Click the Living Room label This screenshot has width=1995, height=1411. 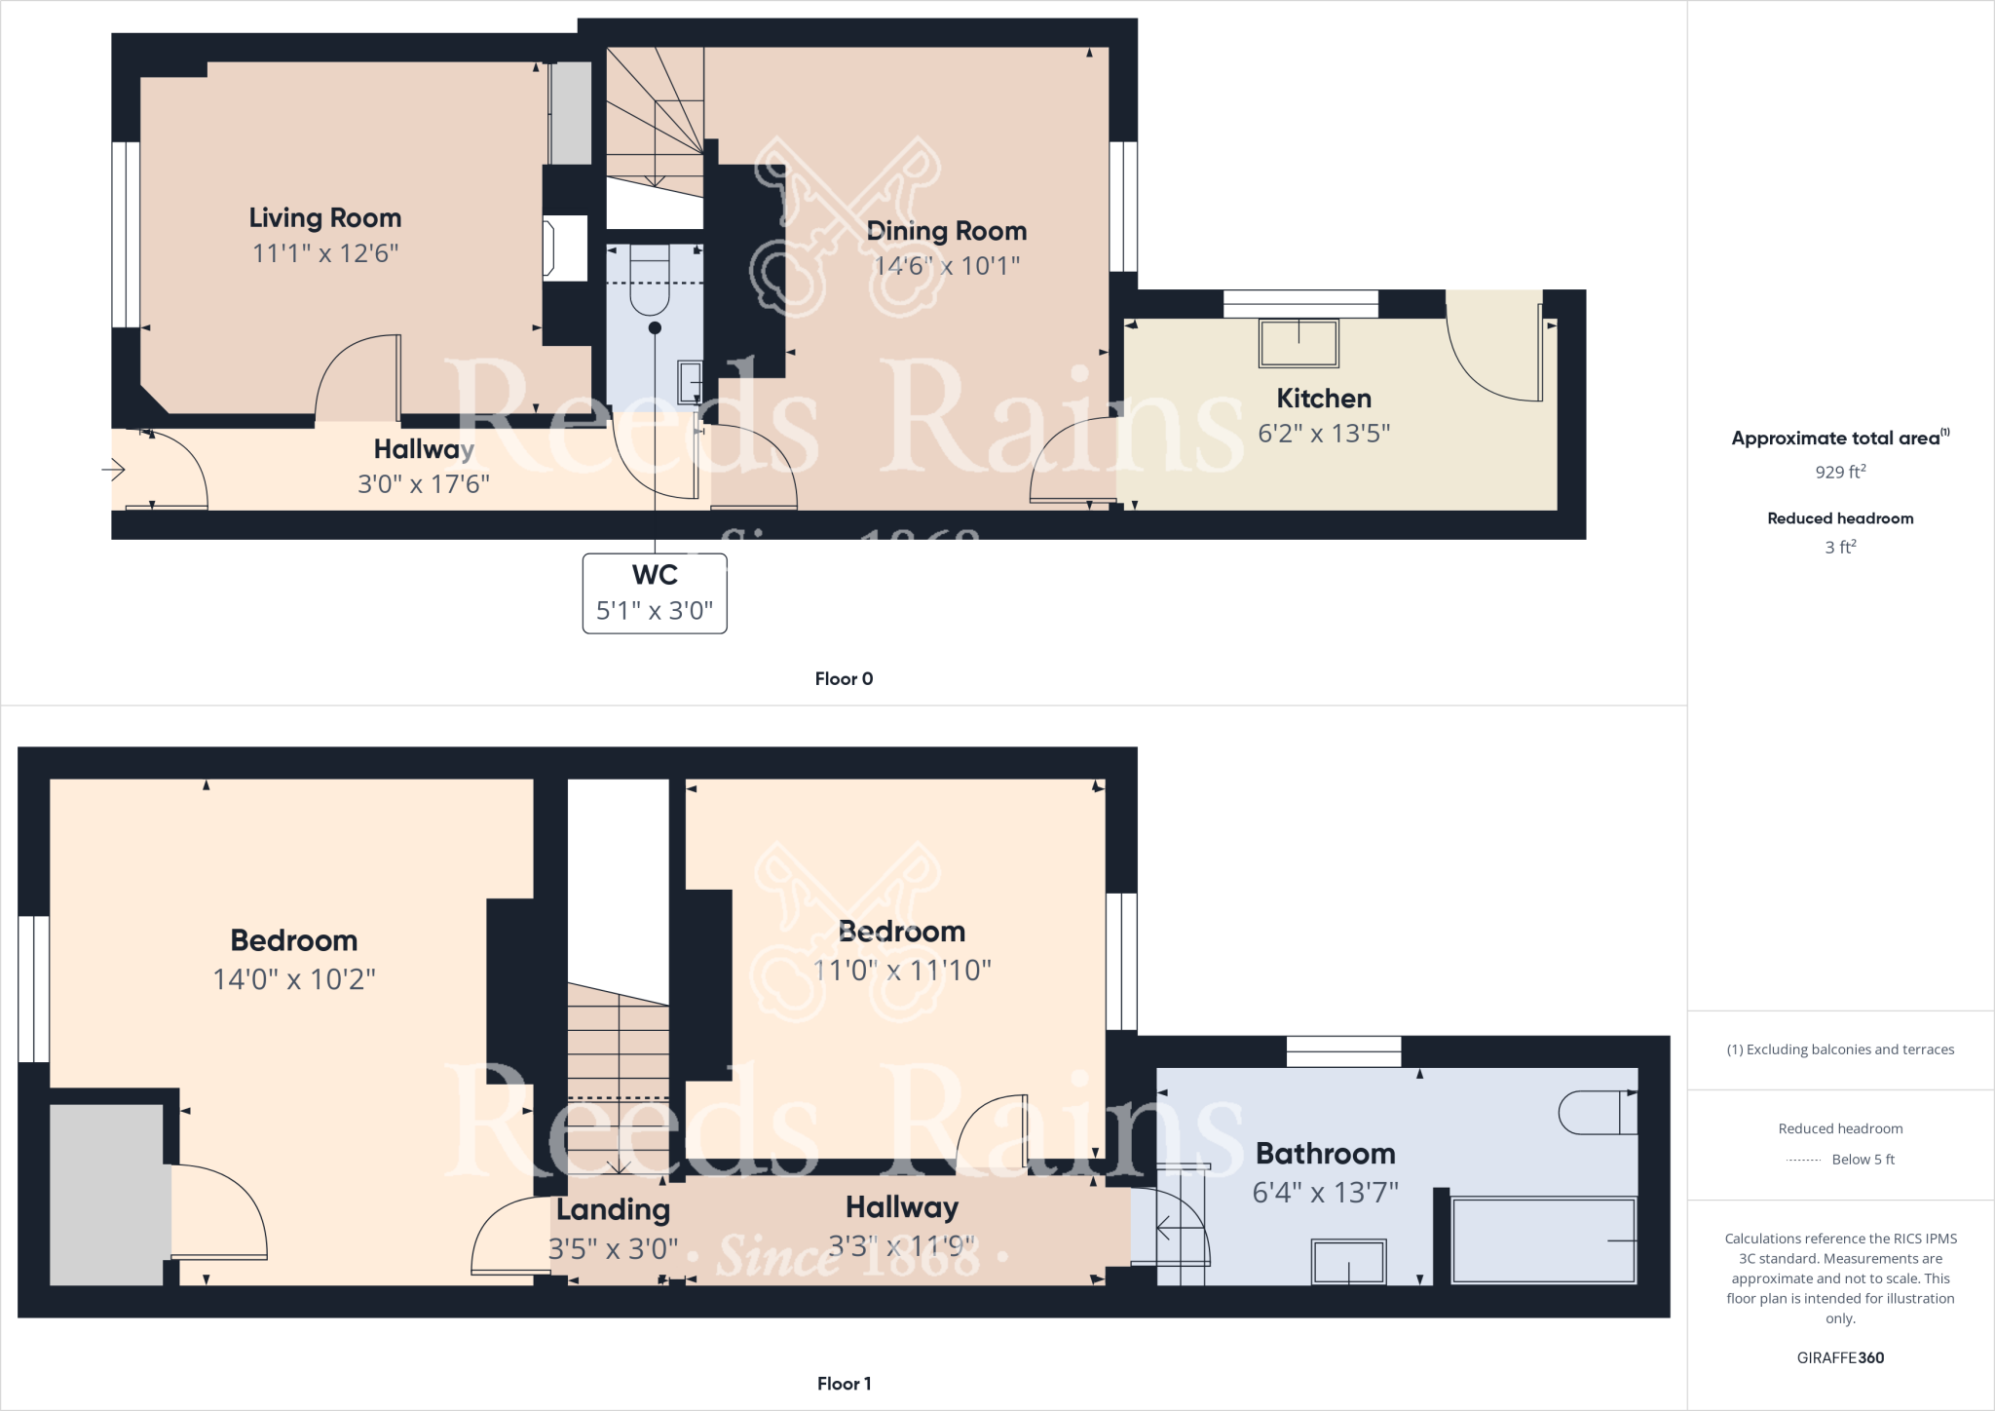point(324,218)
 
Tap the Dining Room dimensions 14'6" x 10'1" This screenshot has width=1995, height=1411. point(947,265)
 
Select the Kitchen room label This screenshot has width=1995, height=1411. point(1324,399)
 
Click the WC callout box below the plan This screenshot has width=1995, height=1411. point(655,592)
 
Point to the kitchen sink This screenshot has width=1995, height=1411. point(1299,343)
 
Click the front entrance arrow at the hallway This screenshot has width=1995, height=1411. point(113,471)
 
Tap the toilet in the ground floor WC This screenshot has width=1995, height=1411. point(651,283)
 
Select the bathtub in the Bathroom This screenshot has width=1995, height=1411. point(1543,1240)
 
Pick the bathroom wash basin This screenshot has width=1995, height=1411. point(1348,1262)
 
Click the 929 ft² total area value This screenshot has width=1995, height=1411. point(1840,472)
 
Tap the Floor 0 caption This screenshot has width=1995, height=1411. point(844,679)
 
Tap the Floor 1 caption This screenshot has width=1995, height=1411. point(844,1384)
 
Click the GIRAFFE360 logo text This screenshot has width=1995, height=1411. point(1840,1357)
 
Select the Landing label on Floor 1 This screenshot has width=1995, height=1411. point(613,1210)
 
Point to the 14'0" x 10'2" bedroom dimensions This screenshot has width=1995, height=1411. point(294,979)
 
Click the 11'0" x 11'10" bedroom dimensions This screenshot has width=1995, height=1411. point(902,971)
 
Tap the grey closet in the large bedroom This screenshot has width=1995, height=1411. point(106,1194)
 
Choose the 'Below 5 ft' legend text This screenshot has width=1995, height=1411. point(1863,1160)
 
